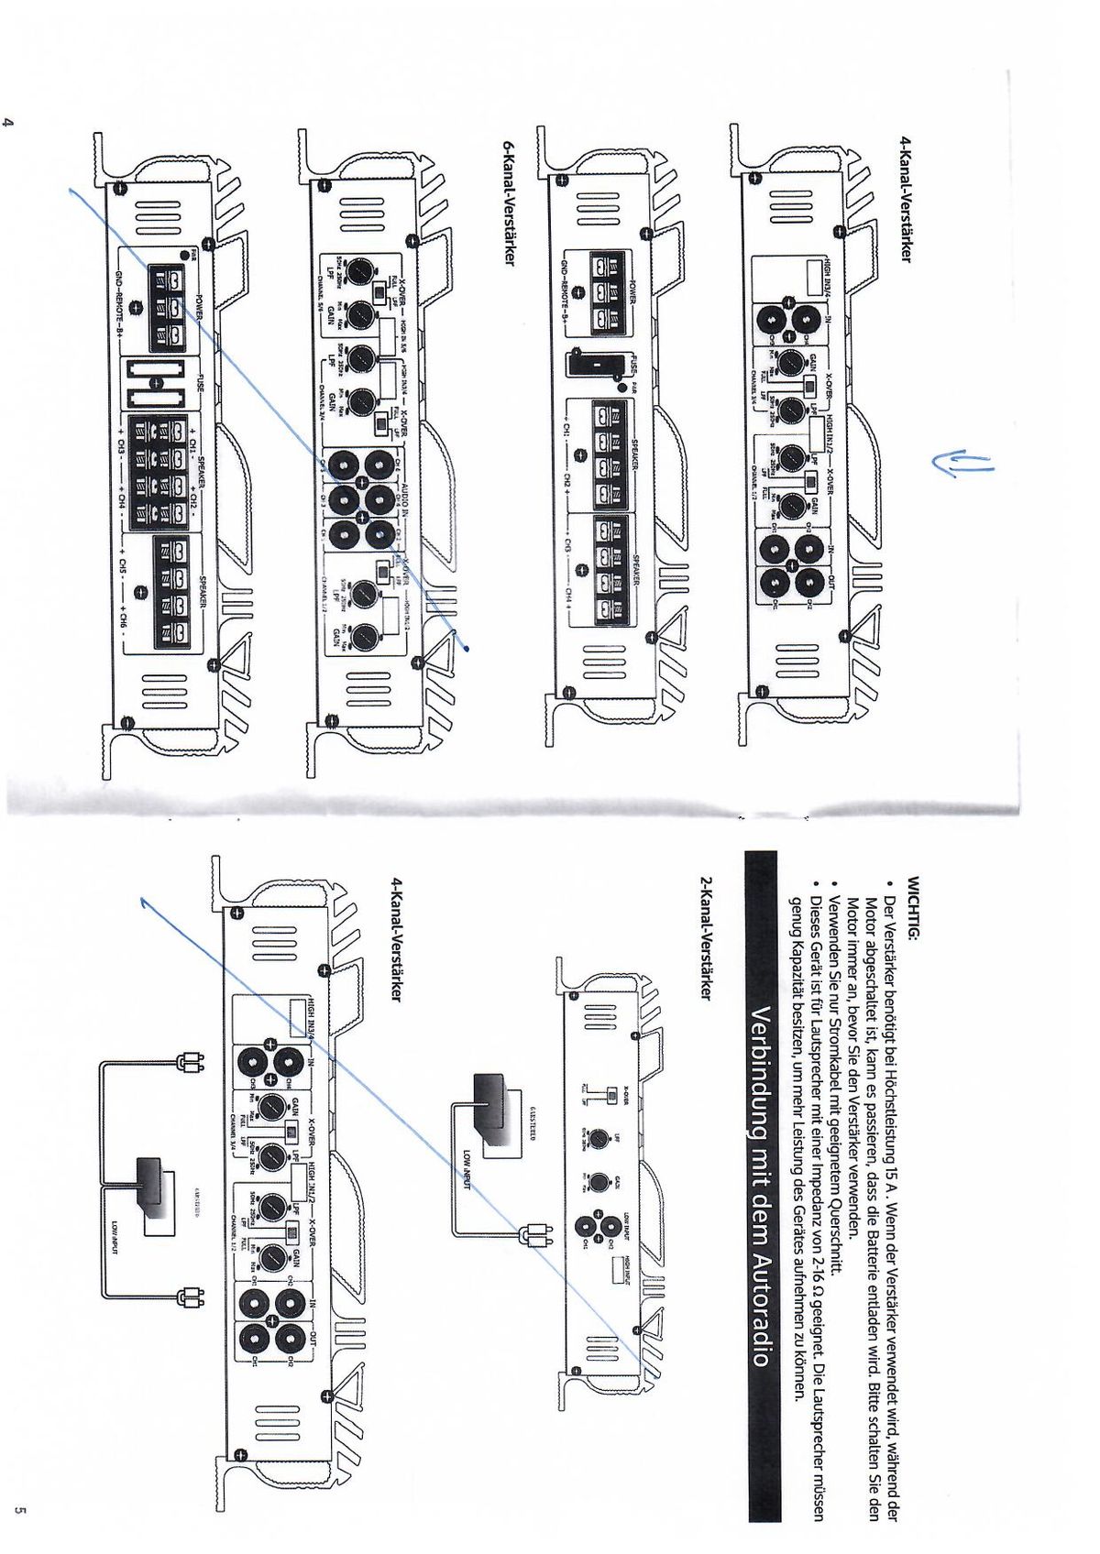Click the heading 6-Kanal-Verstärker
click(x=510, y=202)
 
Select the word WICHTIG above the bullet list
click(x=911, y=908)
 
